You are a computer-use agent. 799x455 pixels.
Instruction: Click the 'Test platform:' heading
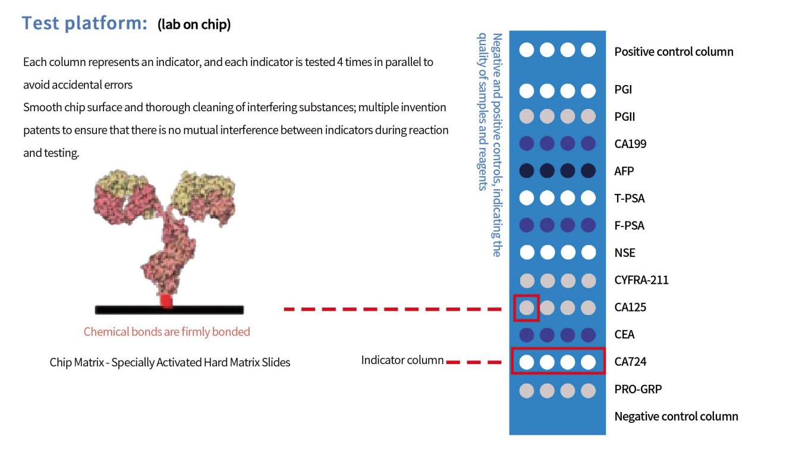pos(84,23)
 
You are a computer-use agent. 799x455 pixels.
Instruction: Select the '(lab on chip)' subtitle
pos(194,24)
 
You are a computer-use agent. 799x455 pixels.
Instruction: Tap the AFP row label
pos(624,171)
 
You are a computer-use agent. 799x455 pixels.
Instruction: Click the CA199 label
pos(630,144)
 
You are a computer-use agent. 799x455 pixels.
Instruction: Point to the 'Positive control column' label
pos(674,52)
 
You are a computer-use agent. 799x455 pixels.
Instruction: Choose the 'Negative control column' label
pos(676,416)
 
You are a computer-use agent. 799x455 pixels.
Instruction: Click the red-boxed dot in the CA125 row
pos(527,307)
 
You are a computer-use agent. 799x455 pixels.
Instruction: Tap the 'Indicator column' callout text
pos(402,360)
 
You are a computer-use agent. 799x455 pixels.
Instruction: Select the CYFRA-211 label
pos(641,280)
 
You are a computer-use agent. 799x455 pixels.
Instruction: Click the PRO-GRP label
pos(638,390)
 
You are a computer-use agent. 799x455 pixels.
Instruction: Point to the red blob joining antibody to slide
pos(166,301)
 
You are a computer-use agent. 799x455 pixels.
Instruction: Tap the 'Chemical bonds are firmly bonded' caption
pos(166,332)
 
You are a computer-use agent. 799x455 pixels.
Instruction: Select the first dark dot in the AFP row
pos(527,171)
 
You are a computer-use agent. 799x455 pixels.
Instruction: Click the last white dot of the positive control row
pos(588,50)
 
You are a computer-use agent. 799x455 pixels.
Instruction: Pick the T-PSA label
pos(629,199)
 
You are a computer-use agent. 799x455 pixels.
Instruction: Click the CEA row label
pos(624,335)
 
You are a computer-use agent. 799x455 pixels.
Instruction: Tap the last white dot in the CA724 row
pos(588,362)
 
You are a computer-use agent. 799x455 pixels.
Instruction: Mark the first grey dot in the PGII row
pos(527,117)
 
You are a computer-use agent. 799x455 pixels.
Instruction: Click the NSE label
pos(624,253)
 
